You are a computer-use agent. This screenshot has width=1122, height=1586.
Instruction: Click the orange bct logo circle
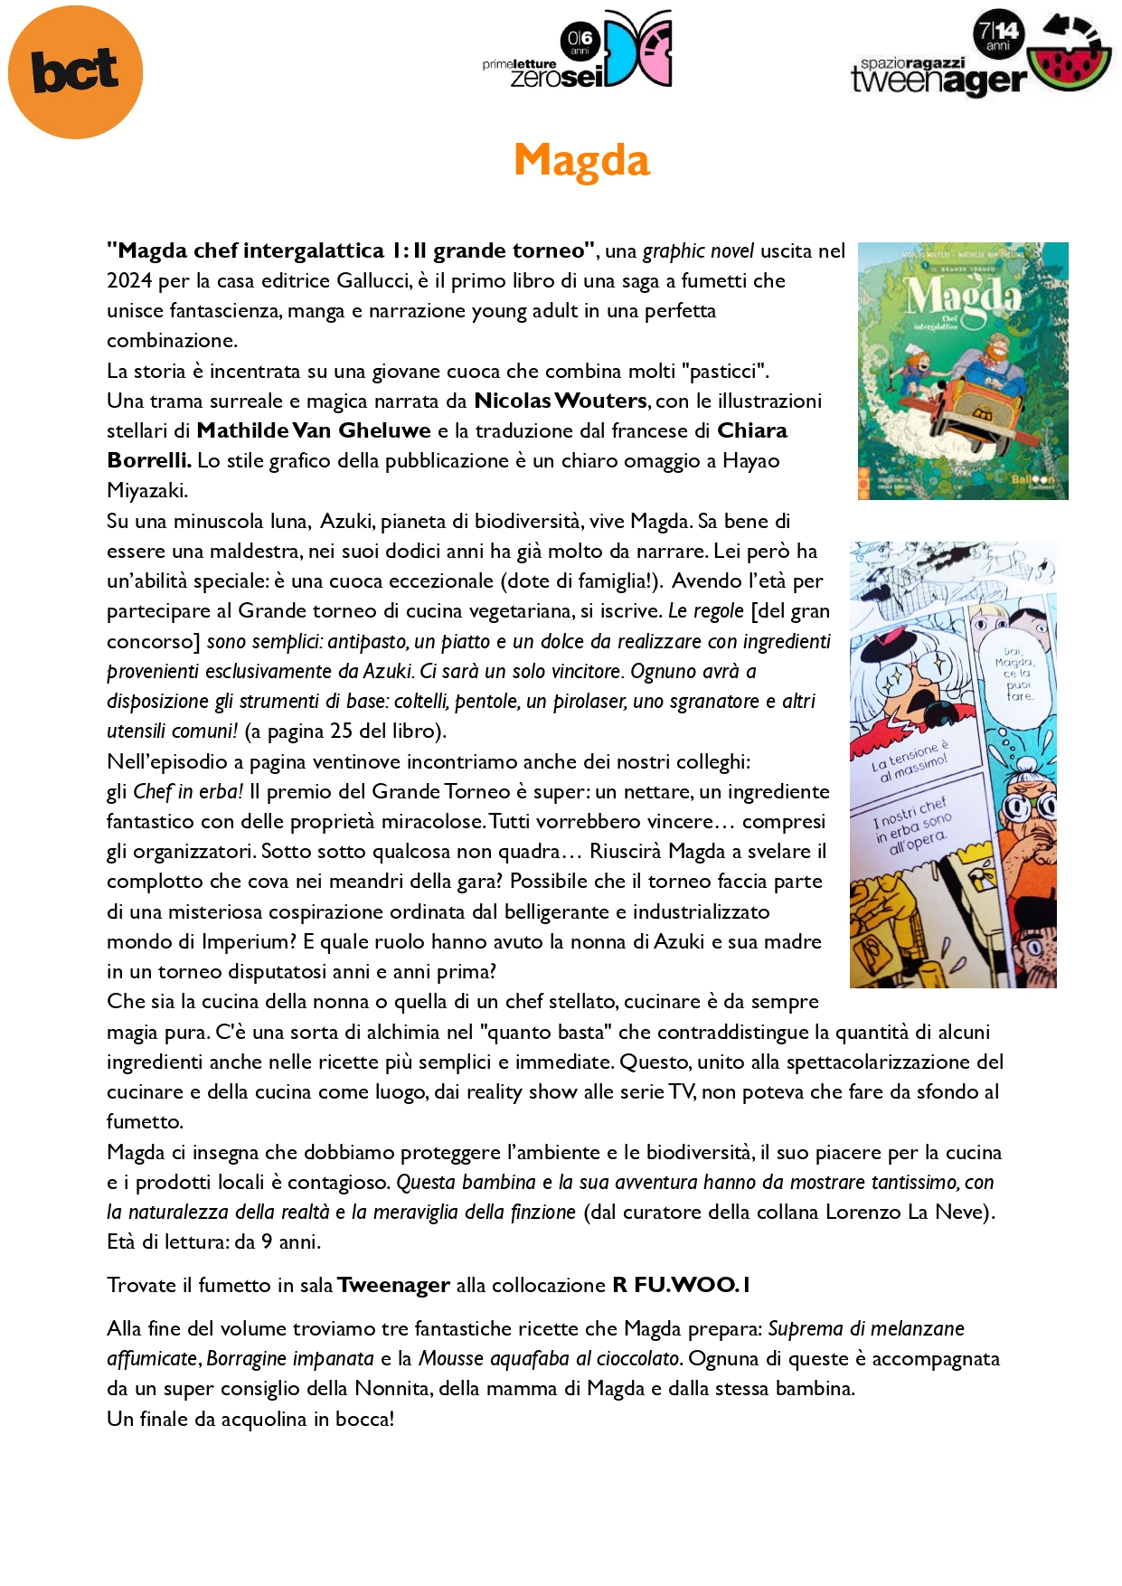[75, 71]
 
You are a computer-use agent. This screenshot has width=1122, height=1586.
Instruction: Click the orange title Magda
[581, 161]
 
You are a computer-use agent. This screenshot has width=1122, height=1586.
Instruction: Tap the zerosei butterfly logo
[638, 48]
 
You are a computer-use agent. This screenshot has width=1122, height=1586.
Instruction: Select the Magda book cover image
[963, 371]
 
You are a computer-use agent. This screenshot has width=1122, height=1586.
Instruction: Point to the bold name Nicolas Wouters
[561, 401]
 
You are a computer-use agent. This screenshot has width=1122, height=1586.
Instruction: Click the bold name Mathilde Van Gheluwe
[314, 430]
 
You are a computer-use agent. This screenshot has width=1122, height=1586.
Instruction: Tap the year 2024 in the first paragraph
[128, 281]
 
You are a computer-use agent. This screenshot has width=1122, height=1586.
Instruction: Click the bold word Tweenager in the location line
[393, 1285]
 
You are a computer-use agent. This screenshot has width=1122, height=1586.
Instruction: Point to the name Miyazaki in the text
[146, 491]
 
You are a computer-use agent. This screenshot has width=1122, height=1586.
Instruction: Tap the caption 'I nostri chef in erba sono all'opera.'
[913, 825]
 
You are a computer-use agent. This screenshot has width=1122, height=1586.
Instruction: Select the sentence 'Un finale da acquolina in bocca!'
[250, 1419]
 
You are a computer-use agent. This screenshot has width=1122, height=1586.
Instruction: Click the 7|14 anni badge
[997, 34]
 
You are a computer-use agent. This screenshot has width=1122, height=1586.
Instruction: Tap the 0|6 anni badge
[580, 41]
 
